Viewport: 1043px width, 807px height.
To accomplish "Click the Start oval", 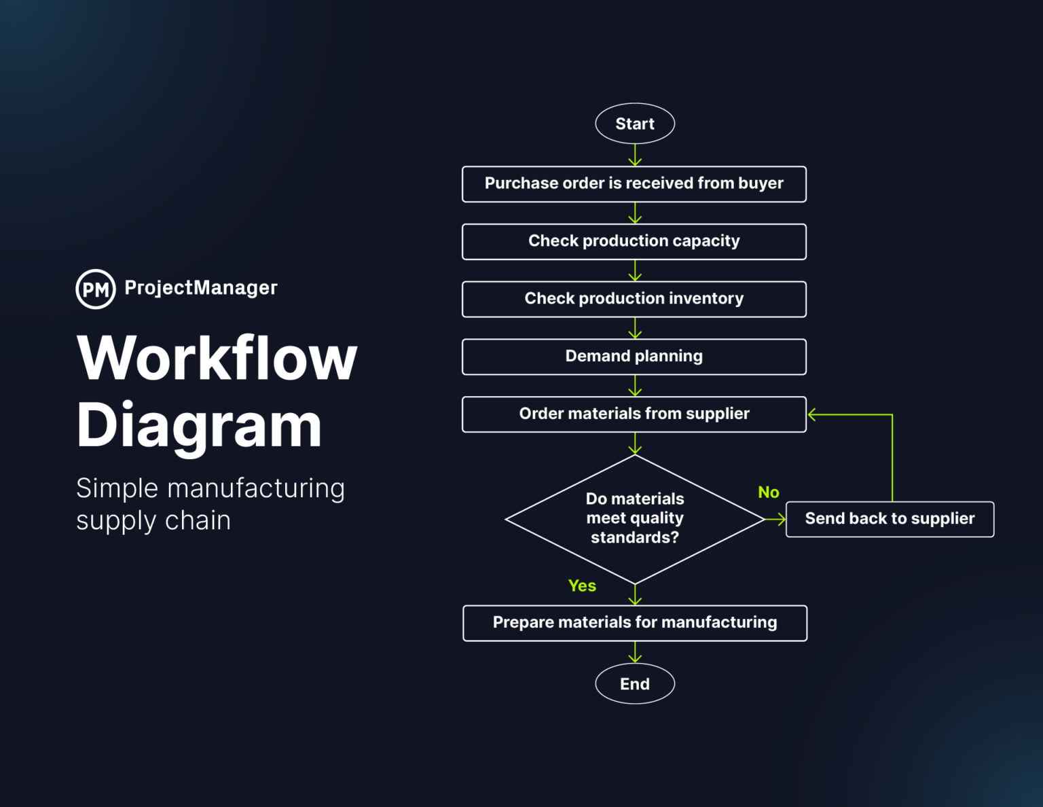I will coord(634,124).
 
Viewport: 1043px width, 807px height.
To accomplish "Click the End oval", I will coord(634,683).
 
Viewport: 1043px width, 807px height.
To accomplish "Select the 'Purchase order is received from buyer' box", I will coord(634,183).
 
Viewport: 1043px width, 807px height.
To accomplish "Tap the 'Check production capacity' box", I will coord(634,241).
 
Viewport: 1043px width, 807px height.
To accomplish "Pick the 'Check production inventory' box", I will coord(634,299).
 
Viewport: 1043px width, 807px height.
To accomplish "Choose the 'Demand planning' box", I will coord(634,356).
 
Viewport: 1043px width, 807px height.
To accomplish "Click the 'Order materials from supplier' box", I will coord(634,414).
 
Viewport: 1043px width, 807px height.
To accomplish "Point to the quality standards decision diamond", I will coord(634,518).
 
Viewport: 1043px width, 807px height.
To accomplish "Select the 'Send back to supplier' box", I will coord(889,519).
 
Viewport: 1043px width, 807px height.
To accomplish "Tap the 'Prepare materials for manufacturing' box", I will coord(634,622).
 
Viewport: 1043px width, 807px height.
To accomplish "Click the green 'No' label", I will coord(768,492).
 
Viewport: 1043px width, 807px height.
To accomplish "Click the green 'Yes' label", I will coord(582,586).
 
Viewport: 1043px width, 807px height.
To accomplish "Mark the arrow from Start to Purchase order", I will coord(635,155).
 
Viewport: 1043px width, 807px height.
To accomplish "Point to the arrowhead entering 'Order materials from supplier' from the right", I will coord(812,414).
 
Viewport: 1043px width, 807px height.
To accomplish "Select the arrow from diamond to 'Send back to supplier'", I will coord(775,519).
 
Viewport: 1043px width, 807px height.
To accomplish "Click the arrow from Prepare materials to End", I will coord(635,652).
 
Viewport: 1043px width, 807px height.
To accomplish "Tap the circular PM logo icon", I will coord(96,289).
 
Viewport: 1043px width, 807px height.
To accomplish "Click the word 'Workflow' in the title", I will coord(217,358).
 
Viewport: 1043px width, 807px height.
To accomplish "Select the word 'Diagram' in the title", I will coord(198,425).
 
